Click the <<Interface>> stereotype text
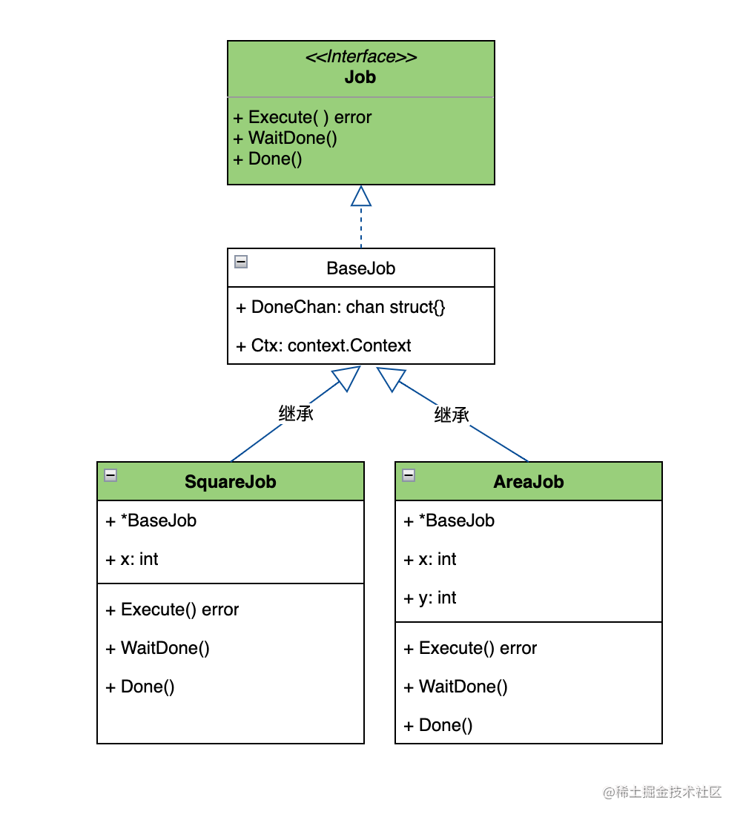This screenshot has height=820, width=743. (x=361, y=56)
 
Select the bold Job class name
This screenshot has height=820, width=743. (x=360, y=77)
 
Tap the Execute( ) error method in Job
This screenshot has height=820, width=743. (x=303, y=117)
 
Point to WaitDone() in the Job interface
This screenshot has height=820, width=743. (x=285, y=138)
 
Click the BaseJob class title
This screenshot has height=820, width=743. (x=361, y=268)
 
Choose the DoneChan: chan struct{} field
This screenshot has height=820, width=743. (x=340, y=307)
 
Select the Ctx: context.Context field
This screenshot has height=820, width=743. (x=323, y=345)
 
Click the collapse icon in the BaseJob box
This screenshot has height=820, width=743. (x=241, y=262)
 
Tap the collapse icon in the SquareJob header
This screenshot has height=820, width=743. (x=110, y=475)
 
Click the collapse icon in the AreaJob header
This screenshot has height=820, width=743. (x=409, y=475)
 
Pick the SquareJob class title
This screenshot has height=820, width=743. (x=231, y=482)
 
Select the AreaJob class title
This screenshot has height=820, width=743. (x=529, y=482)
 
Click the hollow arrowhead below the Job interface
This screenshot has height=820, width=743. (x=361, y=196)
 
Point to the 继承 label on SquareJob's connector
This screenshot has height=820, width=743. (x=296, y=414)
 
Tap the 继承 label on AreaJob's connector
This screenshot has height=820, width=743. (x=452, y=415)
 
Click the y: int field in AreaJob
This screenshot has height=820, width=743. (x=430, y=598)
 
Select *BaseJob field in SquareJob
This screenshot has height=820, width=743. (x=151, y=521)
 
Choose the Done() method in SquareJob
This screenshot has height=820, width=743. (x=139, y=687)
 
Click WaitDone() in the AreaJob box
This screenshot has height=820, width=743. (x=455, y=687)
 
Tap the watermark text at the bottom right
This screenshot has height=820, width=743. (x=662, y=793)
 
